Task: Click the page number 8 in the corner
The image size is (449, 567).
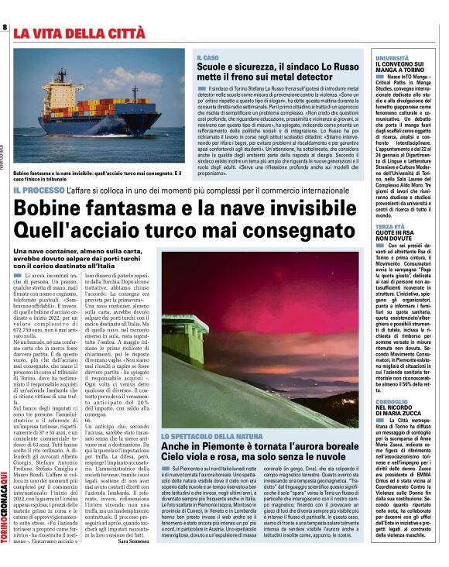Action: pyautogui.click(x=5, y=27)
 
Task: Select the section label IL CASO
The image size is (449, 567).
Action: pyautogui.click(x=207, y=57)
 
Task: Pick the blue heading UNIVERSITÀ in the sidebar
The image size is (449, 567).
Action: pyautogui.click(x=392, y=58)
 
